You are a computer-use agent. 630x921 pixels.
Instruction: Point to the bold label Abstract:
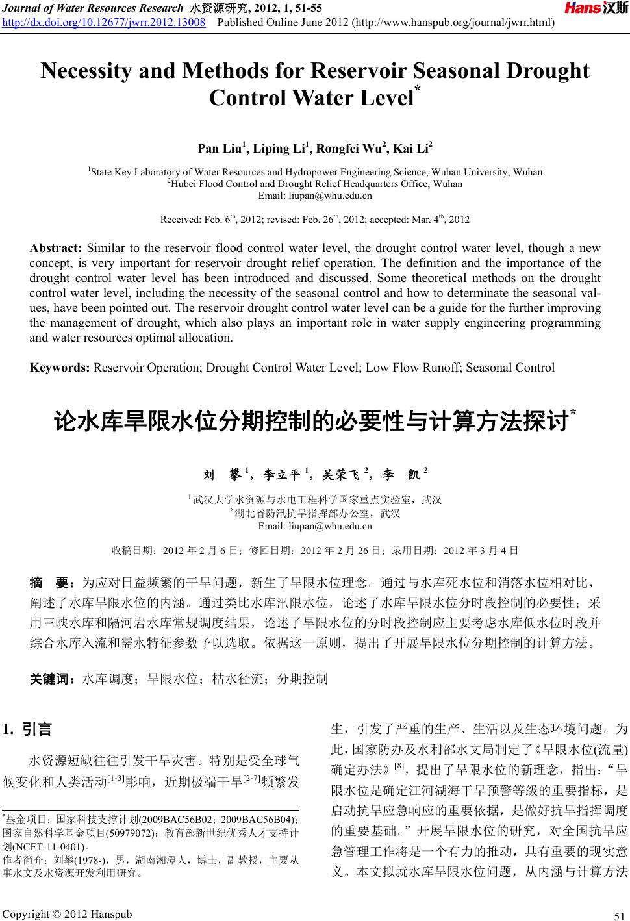coord(55,248)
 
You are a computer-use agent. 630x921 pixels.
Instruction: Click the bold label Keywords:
coord(60,368)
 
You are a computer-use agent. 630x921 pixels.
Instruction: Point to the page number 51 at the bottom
coord(616,916)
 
